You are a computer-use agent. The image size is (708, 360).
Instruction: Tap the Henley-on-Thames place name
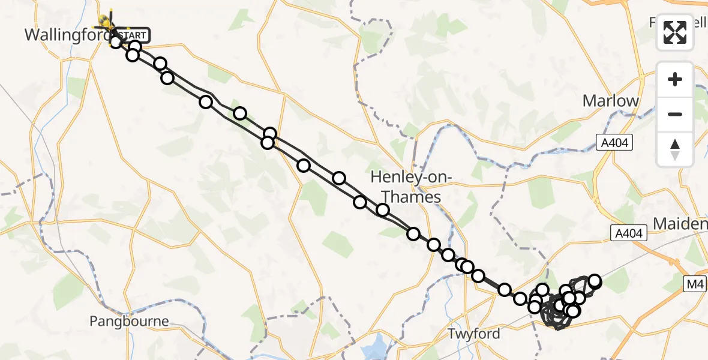click(406, 187)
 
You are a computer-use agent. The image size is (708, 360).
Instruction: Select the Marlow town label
click(611, 101)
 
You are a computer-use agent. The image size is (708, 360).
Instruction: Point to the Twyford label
click(475, 334)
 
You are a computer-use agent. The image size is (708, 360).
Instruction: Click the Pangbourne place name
click(129, 321)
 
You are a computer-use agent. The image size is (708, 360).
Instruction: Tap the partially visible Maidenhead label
click(680, 224)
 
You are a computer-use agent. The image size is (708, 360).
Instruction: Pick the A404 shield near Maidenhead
click(628, 233)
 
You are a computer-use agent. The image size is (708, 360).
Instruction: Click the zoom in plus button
click(675, 80)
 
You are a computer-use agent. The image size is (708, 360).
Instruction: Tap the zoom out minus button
click(675, 114)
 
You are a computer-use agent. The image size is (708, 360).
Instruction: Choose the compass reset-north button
click(675, 149)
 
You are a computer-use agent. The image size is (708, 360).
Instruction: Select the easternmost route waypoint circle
click(595, 281)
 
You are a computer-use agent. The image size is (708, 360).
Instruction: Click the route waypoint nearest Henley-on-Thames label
click(382, 210)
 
